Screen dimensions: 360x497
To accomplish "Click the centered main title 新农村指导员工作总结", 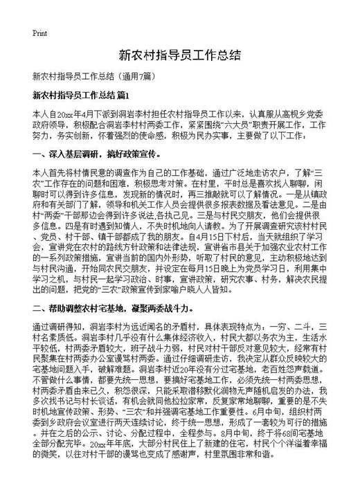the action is click(179, 55).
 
